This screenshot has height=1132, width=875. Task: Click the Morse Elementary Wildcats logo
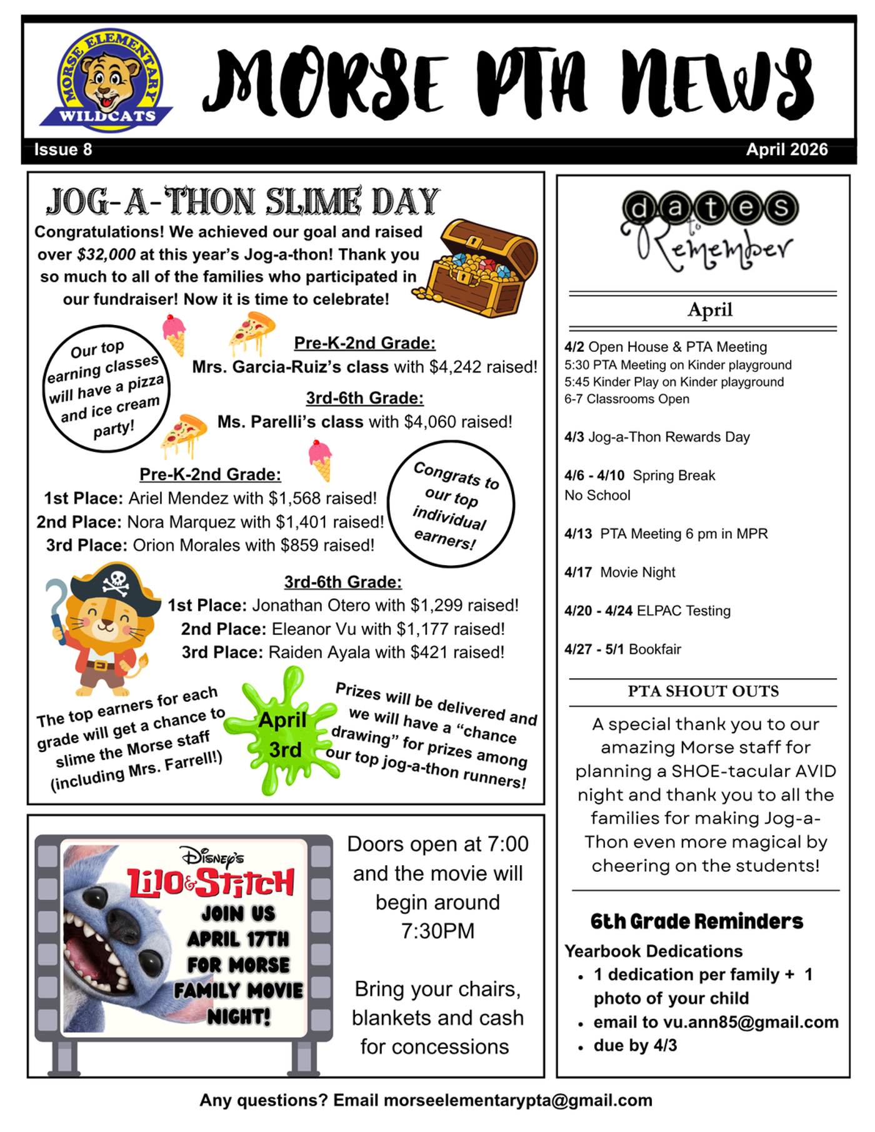click(107, 80)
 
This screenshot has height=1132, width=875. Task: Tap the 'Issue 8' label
click(63, 150)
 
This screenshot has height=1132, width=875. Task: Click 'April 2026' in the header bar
click(786, 150)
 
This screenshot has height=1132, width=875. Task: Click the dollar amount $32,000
click(106, 255)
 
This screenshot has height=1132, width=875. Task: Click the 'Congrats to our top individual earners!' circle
click(451, 504)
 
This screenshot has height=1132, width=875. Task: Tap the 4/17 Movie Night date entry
click(620, 573)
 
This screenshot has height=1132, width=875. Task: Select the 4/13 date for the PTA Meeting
click(578, 534)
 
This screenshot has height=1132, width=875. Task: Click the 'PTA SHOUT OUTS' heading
click(703, 691)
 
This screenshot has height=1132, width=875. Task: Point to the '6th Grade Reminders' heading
click(697, 921)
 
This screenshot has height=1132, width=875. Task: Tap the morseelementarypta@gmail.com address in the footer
click(517, 1100)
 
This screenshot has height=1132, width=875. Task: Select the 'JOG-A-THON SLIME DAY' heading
click(242, 202)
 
